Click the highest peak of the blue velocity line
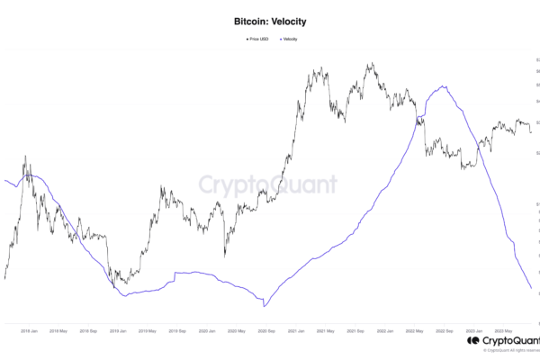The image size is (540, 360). click(442, 86)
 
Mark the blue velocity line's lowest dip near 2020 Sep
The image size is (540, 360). click(264, 307)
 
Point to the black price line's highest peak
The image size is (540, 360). click(370, 63)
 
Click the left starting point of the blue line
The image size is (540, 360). click(5, 181)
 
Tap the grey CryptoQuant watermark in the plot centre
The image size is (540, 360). click(267, 186)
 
